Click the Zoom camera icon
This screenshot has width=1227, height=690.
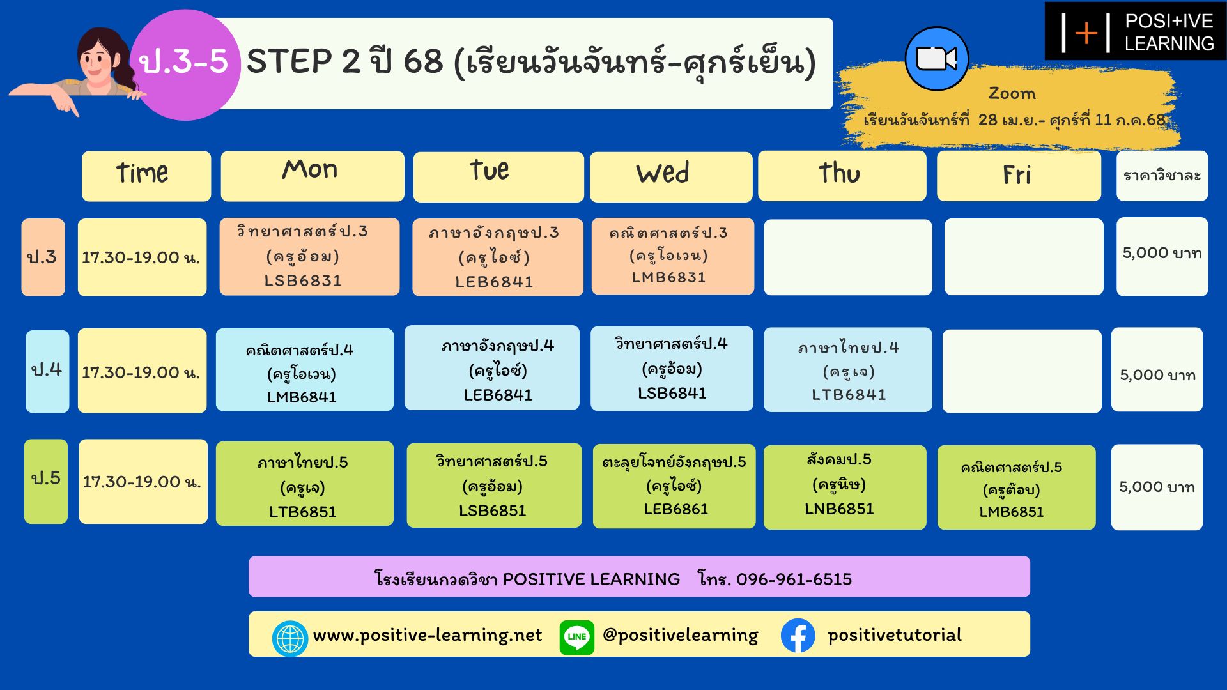point(937,59)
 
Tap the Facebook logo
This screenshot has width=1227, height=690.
point(798,636)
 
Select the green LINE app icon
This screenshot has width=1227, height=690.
point(576,637)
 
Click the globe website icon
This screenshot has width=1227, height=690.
point(290,638)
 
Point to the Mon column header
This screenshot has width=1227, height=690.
point(313,176)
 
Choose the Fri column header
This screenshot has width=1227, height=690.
point(1019,176)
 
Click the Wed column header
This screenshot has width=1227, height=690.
point(671,177)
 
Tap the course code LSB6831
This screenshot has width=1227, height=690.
point(303,281)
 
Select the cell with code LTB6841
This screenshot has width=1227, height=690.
point(848,370)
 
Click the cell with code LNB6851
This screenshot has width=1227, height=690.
point(845,487)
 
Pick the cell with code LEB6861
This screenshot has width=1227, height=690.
point(674,486)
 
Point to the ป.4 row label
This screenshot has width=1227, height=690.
point(47,371)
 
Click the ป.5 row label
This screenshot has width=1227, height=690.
point(46,481)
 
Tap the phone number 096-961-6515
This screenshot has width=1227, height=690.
point(794,579)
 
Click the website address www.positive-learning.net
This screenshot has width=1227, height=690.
point(428,635)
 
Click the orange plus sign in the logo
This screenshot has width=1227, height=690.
point(1086,33)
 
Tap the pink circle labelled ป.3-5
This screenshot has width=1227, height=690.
point(185,65)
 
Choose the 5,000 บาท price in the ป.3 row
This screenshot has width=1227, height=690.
point(1162,253)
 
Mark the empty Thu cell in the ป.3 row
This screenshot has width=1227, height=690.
point(848,257)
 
